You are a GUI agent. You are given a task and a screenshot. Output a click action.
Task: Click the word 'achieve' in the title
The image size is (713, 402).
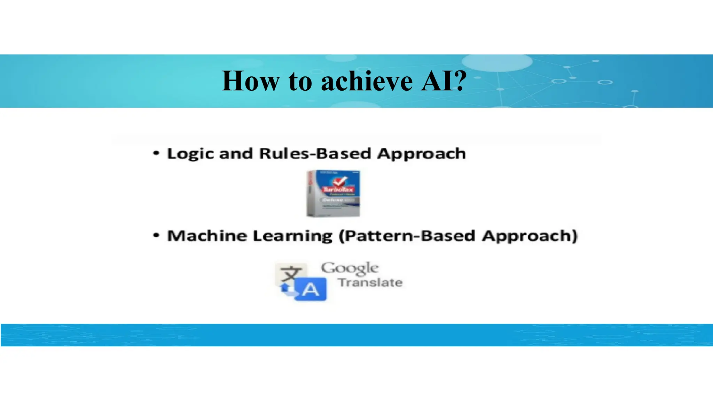pyautogui.click(x=367, y=81)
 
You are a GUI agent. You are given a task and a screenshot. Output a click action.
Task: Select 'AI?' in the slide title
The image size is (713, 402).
pyautogui.click(x=443, y=81)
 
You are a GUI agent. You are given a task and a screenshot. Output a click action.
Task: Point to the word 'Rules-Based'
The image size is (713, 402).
pyautogui.click(x=315, y=153)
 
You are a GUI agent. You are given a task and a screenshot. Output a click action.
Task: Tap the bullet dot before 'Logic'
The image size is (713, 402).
pyautogui.click(x=156, y=153)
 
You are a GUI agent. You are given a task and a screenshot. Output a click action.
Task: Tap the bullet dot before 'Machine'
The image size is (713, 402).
pyautogui.click(x=156, y=236)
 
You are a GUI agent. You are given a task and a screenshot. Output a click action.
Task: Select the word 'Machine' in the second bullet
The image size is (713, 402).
pyautogui.click(x=207, y=236)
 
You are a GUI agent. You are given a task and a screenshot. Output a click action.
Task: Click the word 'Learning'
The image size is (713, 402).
pyautogui.click(x=292, y=236)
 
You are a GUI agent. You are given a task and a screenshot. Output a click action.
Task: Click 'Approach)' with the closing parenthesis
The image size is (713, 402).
pyautogui.click(x=530, y=236)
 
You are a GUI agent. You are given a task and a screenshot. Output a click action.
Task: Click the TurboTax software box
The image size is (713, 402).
pyautogui.click(x=333, y=194)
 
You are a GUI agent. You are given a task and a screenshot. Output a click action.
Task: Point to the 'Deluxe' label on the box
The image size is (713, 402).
pyautogui.click(x=334, y=200)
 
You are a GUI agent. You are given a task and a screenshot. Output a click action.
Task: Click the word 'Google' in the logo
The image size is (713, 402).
pyautogui.click(x=349, y=268)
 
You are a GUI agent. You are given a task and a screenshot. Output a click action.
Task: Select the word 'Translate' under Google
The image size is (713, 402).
pyautogui.click(x=370, y=282)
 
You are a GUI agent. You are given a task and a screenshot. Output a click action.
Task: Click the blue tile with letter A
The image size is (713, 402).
pyautogui.click(x=311, y=289)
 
